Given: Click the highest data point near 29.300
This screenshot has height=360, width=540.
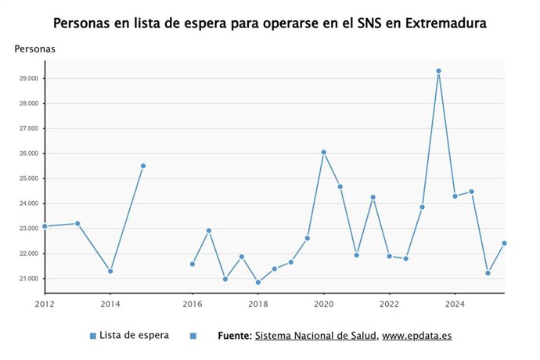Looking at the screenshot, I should (438, 71).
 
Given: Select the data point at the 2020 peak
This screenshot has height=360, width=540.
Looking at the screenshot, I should (324, 153).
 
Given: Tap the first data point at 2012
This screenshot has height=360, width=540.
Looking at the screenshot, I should (45, 226).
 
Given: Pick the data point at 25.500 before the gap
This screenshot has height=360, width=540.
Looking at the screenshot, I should (143, 166).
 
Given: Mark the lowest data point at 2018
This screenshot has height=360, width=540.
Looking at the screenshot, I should (258, 283).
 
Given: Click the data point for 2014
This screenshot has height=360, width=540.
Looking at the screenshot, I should (110, 271).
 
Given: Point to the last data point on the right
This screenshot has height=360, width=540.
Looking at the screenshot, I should (504, 243).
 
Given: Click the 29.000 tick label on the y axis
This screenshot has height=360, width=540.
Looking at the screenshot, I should (29, 78).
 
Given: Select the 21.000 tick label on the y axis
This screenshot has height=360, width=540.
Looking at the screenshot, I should (29, 279).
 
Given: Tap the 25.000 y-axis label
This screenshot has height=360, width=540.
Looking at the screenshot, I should (29, 178).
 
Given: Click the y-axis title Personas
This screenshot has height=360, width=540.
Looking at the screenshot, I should (34, 49).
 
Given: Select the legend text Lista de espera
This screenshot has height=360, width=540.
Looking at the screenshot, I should (134, 336).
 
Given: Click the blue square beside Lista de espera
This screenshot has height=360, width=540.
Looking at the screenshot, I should (93, 336).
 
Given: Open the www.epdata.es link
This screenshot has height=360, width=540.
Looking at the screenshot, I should (417, 336).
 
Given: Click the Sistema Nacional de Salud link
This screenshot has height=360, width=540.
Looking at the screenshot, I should (316, 336).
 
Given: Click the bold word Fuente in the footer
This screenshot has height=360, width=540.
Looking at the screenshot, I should (235, 336).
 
